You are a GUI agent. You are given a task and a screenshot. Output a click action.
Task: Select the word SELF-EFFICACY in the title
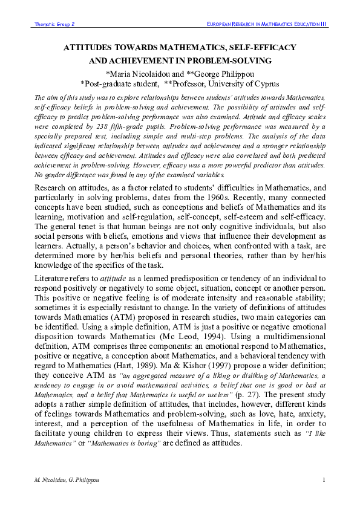coord(261,47)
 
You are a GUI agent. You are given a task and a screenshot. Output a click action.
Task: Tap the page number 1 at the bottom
coord(324,479)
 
